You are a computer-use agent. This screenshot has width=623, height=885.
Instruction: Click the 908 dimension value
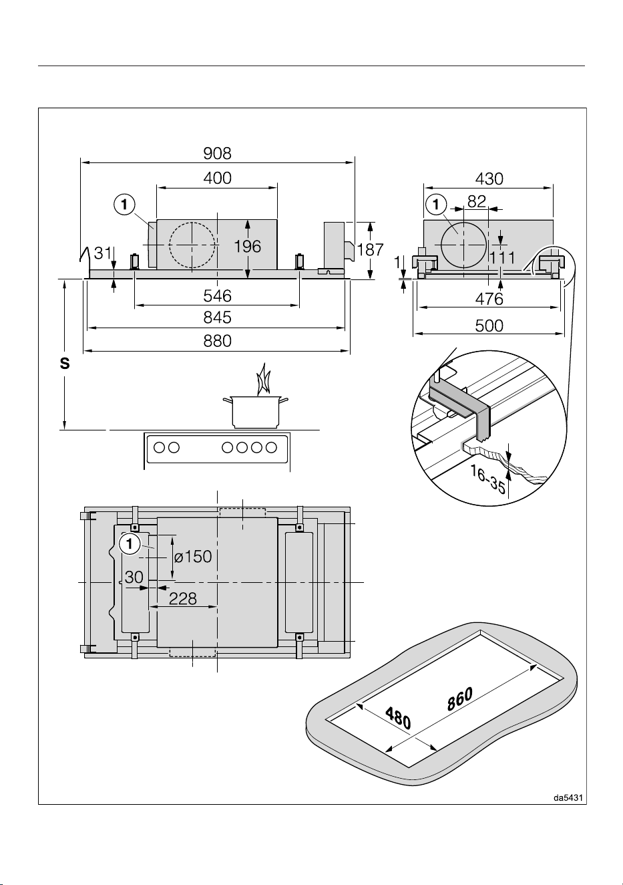217,154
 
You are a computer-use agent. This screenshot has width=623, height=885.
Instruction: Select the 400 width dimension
217,178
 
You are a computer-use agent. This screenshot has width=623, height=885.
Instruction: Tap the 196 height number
248,247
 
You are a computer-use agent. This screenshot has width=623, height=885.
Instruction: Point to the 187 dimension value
370,250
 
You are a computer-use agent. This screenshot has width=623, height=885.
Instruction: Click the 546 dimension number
217,296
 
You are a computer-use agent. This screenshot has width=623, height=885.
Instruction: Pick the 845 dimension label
217,318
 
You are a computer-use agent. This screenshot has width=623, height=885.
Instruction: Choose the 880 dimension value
217,341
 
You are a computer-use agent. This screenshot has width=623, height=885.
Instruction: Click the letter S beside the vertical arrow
65,364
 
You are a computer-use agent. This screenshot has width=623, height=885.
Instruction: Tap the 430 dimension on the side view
489,179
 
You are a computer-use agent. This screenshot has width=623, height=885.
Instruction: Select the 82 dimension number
477,201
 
